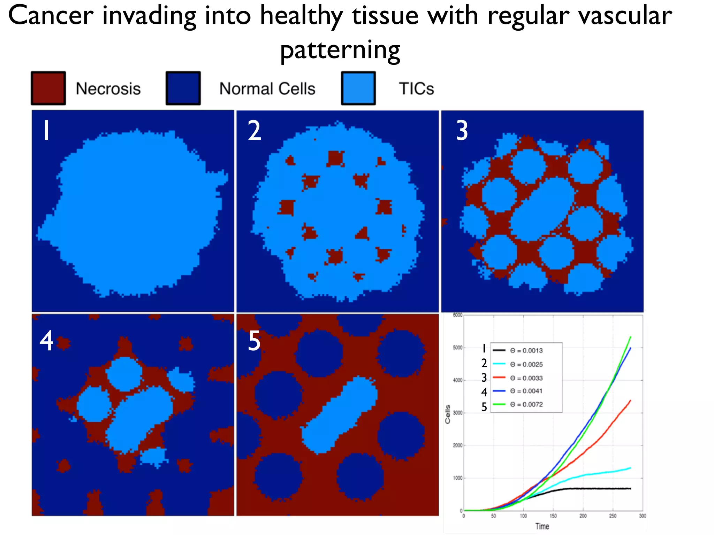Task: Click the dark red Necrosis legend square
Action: pos(48,88)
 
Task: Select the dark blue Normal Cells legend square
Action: pos(183,88)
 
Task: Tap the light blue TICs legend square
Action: pos(358,88)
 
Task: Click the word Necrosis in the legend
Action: pos(108,88)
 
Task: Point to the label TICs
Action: pos(416,88)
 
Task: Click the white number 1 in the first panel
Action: pos(46,131)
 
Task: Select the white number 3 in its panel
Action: pos(462,131)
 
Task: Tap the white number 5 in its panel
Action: pos(254,341)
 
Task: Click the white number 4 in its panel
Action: pos(46,341)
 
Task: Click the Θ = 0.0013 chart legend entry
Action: pos(526,350)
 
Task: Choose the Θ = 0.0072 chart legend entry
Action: pos(526,404)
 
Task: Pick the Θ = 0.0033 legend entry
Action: pos(526,378)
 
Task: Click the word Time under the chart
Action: pos(542,526)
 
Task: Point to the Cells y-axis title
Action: pos(448,414)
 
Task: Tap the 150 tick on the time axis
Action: pos(553,516)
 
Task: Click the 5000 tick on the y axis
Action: pos(457,348)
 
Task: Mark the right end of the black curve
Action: pos(630,489)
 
